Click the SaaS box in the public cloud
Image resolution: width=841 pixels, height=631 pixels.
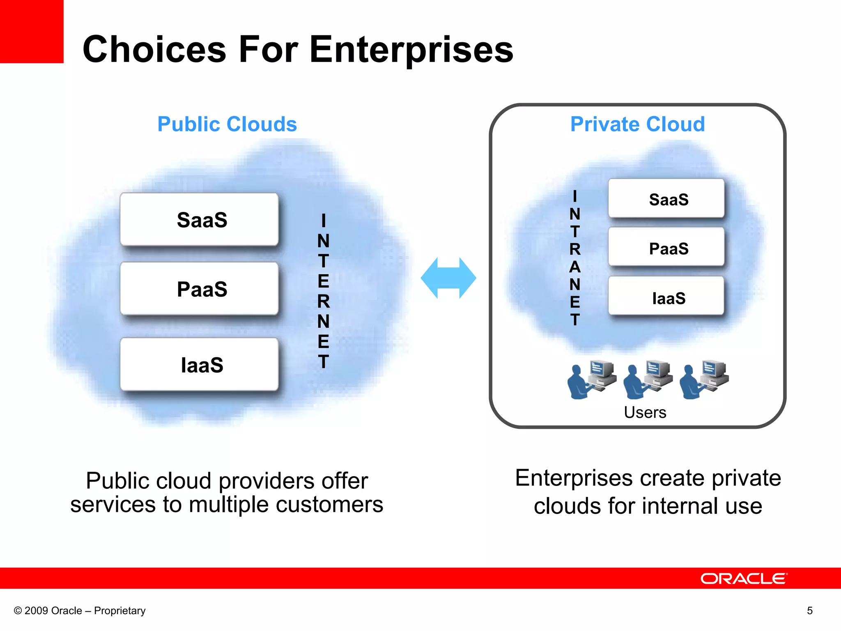tap(199, 219)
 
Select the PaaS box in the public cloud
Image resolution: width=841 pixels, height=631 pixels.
tap(199, 289)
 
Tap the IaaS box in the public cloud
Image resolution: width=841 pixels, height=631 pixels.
tap(199, 364)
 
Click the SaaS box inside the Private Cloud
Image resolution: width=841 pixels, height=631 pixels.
tap(666, 199)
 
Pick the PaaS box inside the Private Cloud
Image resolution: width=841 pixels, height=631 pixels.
tap(666, 248)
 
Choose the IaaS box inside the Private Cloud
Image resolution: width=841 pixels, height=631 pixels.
tap(666, 297)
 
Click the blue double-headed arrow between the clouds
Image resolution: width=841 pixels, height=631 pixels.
tap(448, 278)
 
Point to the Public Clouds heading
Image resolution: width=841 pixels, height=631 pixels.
tap(227, 124)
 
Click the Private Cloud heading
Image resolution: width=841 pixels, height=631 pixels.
tap(637, 124)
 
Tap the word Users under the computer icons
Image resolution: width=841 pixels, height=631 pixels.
tap(645, 412)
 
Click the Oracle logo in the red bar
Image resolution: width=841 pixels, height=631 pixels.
tap(744, 578)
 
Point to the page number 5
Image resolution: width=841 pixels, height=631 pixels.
tap(809, 610)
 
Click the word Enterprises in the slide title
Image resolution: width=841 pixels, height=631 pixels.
tap(411, 50)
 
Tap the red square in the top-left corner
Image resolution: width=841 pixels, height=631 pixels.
tap(32, 31)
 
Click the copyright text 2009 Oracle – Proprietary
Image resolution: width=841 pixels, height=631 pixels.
tap(80, 610)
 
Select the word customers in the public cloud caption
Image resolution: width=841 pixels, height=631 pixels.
tap(329, 504)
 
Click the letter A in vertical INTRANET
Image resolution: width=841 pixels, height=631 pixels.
tap(575, 267)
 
